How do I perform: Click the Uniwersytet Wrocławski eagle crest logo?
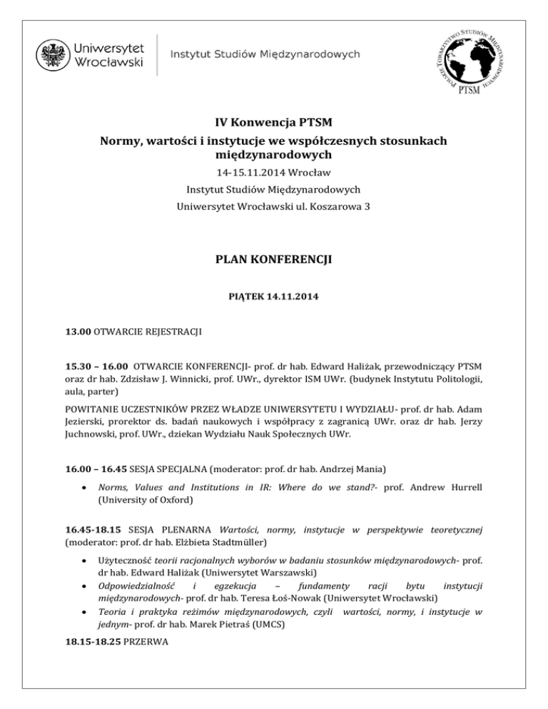(x=52, y=54)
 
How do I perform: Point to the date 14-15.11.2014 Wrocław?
(x=274, y=173)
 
